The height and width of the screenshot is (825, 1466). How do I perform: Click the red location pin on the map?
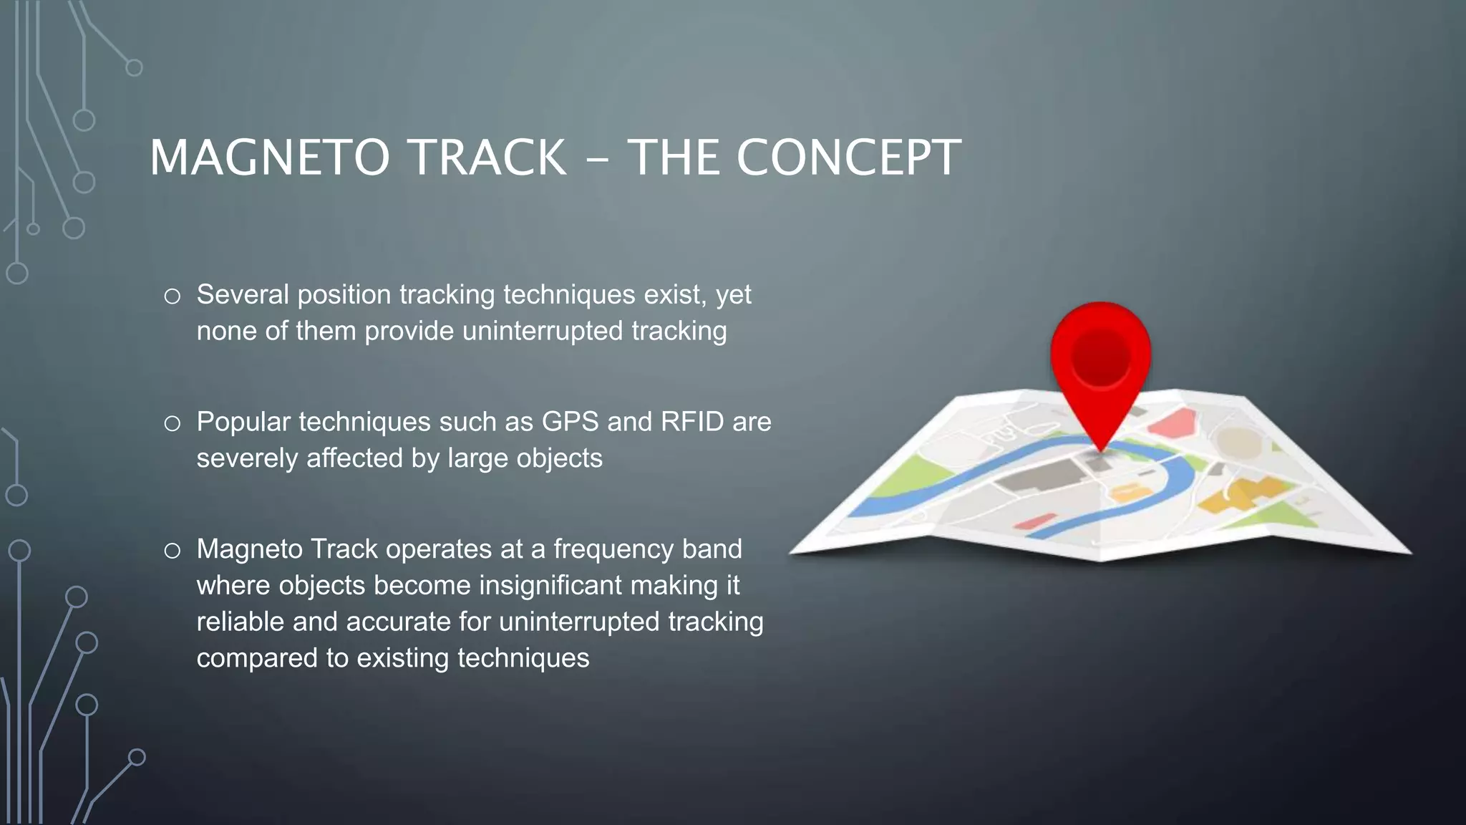tap(1100, 372)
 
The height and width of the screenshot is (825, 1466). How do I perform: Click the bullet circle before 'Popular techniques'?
tap(172, 423)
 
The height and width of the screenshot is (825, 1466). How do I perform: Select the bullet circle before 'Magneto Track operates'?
tap(172, 551)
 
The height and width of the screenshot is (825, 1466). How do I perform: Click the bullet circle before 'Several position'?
tap(172, 296)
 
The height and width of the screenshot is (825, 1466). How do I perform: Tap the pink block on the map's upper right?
tap(1174, 424)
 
